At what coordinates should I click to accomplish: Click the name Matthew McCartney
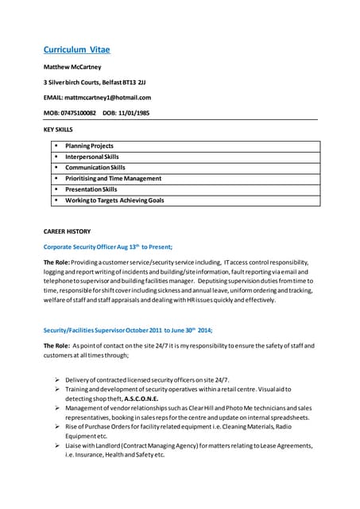[x=72, y=68]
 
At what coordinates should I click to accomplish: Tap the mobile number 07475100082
[x=78, y=113]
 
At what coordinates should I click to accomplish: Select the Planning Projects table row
[x=89, y=146]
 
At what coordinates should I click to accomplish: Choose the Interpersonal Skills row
[x=92, y=157]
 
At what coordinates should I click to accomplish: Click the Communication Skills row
[x=95, y=168]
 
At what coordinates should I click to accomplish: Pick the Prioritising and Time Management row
[x=113, y=179]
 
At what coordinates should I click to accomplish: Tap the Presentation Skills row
[x=91, y=189]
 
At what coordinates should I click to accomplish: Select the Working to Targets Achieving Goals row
[x=114, y=200]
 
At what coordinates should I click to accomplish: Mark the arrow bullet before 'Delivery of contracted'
[x=59, y=380]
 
